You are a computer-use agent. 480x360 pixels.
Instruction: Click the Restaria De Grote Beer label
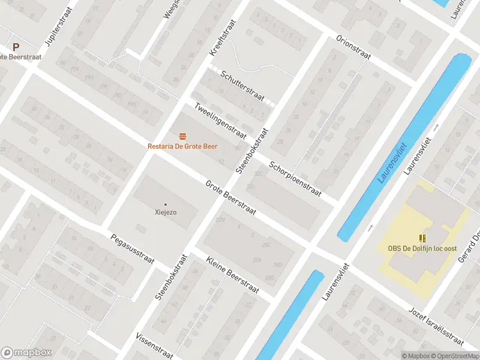[182, 146]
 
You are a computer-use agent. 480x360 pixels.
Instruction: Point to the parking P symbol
[16, 47]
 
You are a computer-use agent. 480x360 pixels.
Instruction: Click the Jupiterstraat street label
[53, 28]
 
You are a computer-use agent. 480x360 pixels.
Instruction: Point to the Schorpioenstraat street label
[295, 179]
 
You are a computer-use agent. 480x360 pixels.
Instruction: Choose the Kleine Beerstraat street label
[232, 275]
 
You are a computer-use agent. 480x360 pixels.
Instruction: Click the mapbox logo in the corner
[26, 353]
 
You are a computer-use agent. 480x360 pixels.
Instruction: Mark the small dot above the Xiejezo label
[166, 204]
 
